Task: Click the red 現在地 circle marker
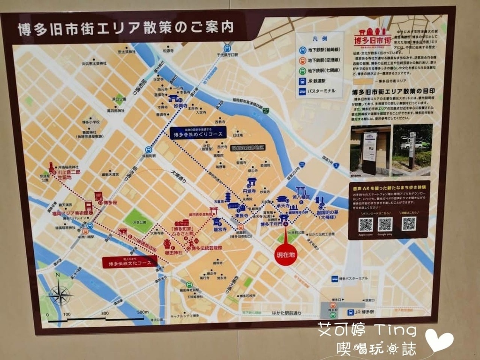coord(285,255)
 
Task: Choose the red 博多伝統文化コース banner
coord(130,263)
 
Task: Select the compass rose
coord(59,296)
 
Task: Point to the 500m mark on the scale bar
coord(142,313)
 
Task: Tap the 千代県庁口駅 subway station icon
coord(227,48)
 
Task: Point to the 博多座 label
coord(110,202)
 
